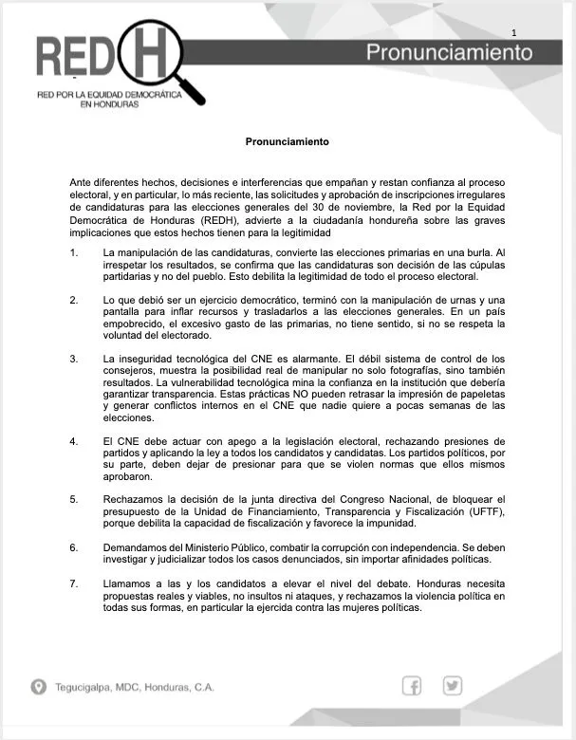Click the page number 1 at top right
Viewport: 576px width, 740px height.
(513, 33)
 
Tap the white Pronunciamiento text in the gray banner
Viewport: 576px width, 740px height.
(450, 52)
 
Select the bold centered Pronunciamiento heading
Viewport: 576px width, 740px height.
(287, 142)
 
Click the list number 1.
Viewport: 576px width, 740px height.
(74, 251)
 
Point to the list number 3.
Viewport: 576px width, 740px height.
(74, 359)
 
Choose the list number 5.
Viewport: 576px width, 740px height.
(74, 499)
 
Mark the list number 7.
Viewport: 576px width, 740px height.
(74, 583)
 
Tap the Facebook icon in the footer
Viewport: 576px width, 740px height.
(412, 686)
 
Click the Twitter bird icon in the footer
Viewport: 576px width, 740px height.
(452, 686)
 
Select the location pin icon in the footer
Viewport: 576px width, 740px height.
(38, 687)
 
